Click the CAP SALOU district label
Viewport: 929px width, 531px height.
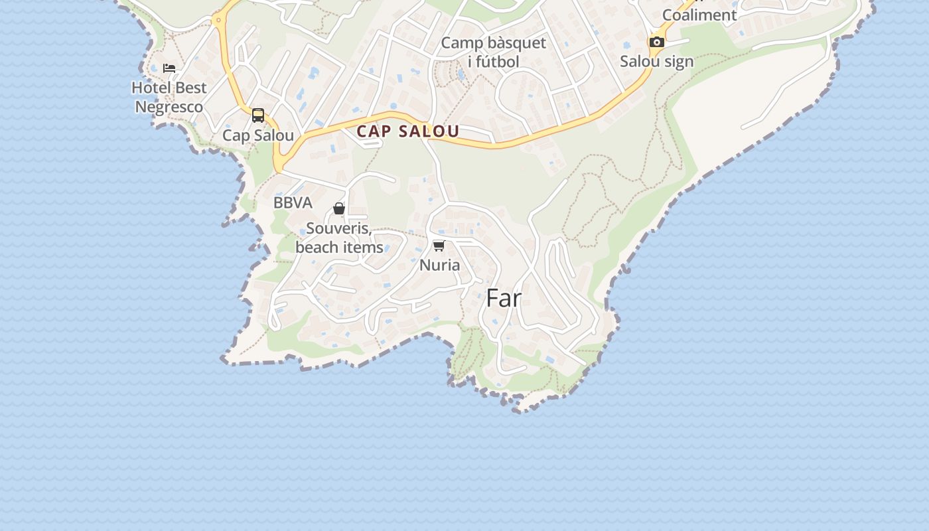(x=407, y=131)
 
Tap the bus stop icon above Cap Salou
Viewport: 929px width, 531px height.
(x=258, y=115)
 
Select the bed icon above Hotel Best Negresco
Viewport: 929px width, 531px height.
(x=169, y=68)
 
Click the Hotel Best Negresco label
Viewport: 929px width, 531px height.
(x=169, y=97)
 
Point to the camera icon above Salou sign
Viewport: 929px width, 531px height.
(x=656, y=42)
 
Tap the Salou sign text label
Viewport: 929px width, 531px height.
(x=656, y=62)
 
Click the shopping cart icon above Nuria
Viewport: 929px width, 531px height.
(x=439, y=246)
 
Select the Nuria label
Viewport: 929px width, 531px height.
(x=439, y=265)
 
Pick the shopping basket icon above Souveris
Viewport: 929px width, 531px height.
(x=339, y=209)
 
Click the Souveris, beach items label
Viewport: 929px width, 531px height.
(x=339, y=238)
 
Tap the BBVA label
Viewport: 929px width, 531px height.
(x=293, y=203)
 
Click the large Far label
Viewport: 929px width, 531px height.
(x=504, y=299)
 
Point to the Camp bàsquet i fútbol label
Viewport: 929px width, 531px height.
(x=493, y=52)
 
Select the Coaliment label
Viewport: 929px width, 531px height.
(x=699, y=15)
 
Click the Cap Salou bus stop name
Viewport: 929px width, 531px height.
(x=258, y=135)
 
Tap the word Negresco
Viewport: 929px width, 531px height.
(x=169, y=107)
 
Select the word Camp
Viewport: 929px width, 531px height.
(x=462, y=43)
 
